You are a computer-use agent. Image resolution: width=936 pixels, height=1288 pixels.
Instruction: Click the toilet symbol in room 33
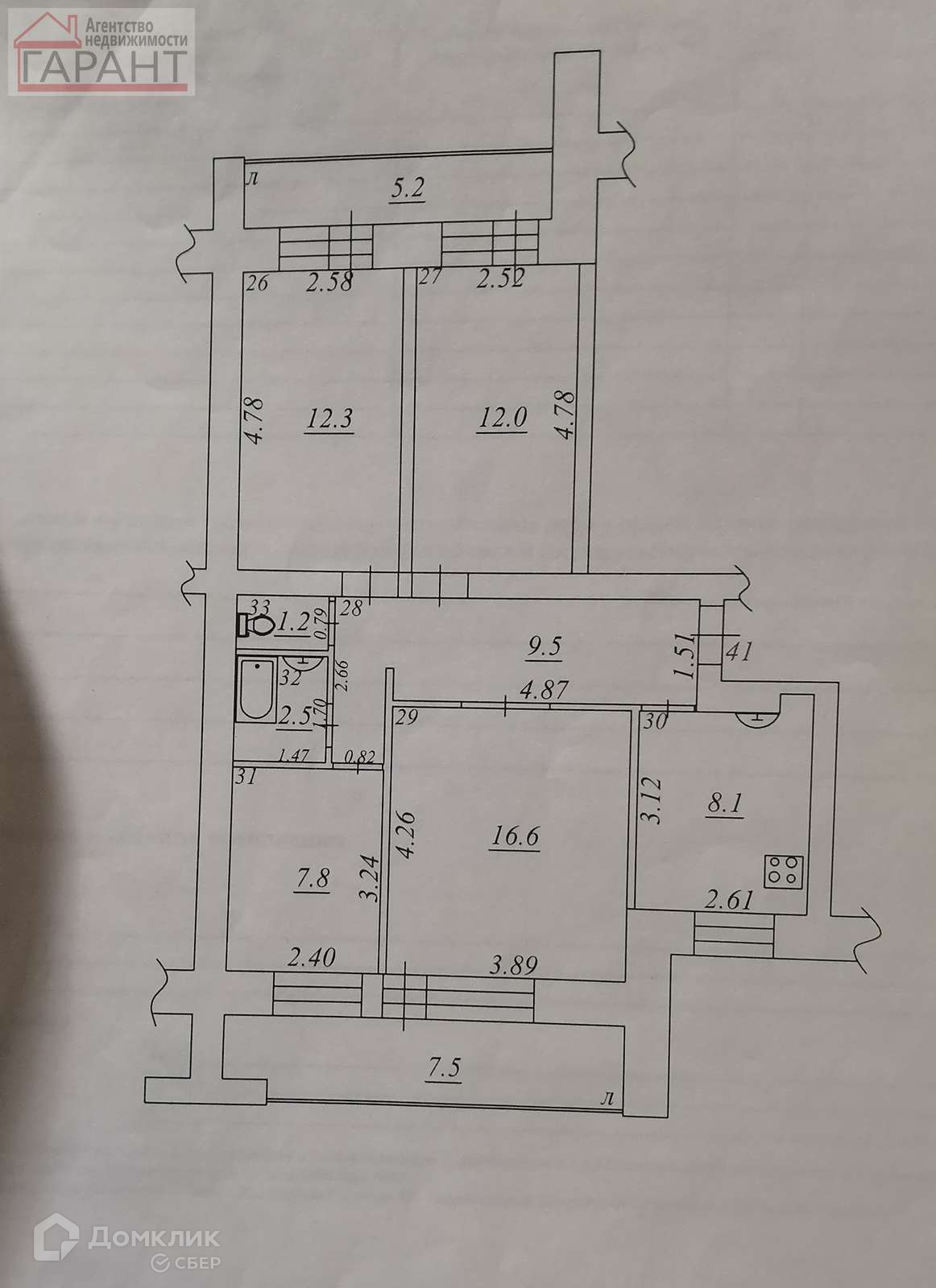255,625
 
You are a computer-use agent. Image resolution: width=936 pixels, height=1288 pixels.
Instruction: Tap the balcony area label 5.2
408,190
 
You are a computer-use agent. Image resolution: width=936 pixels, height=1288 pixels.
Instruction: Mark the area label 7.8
313,878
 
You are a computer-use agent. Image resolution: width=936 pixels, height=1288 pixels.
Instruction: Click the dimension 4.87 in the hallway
544,690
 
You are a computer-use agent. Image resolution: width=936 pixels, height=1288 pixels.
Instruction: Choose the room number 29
408,720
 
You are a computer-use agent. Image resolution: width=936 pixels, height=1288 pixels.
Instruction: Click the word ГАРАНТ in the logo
102,65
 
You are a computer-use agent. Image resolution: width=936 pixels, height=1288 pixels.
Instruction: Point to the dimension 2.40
311,958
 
